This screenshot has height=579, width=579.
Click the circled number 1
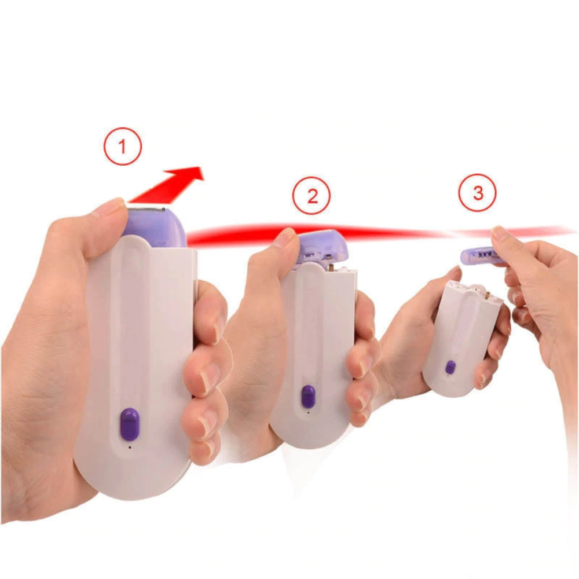pos(123,146)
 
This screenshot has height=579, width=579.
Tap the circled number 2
pos(312,196)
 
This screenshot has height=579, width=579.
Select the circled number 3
pos(478,192)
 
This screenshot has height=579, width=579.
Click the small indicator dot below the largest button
pos(130,448)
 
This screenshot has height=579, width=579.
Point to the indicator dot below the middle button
pos(309,412)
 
